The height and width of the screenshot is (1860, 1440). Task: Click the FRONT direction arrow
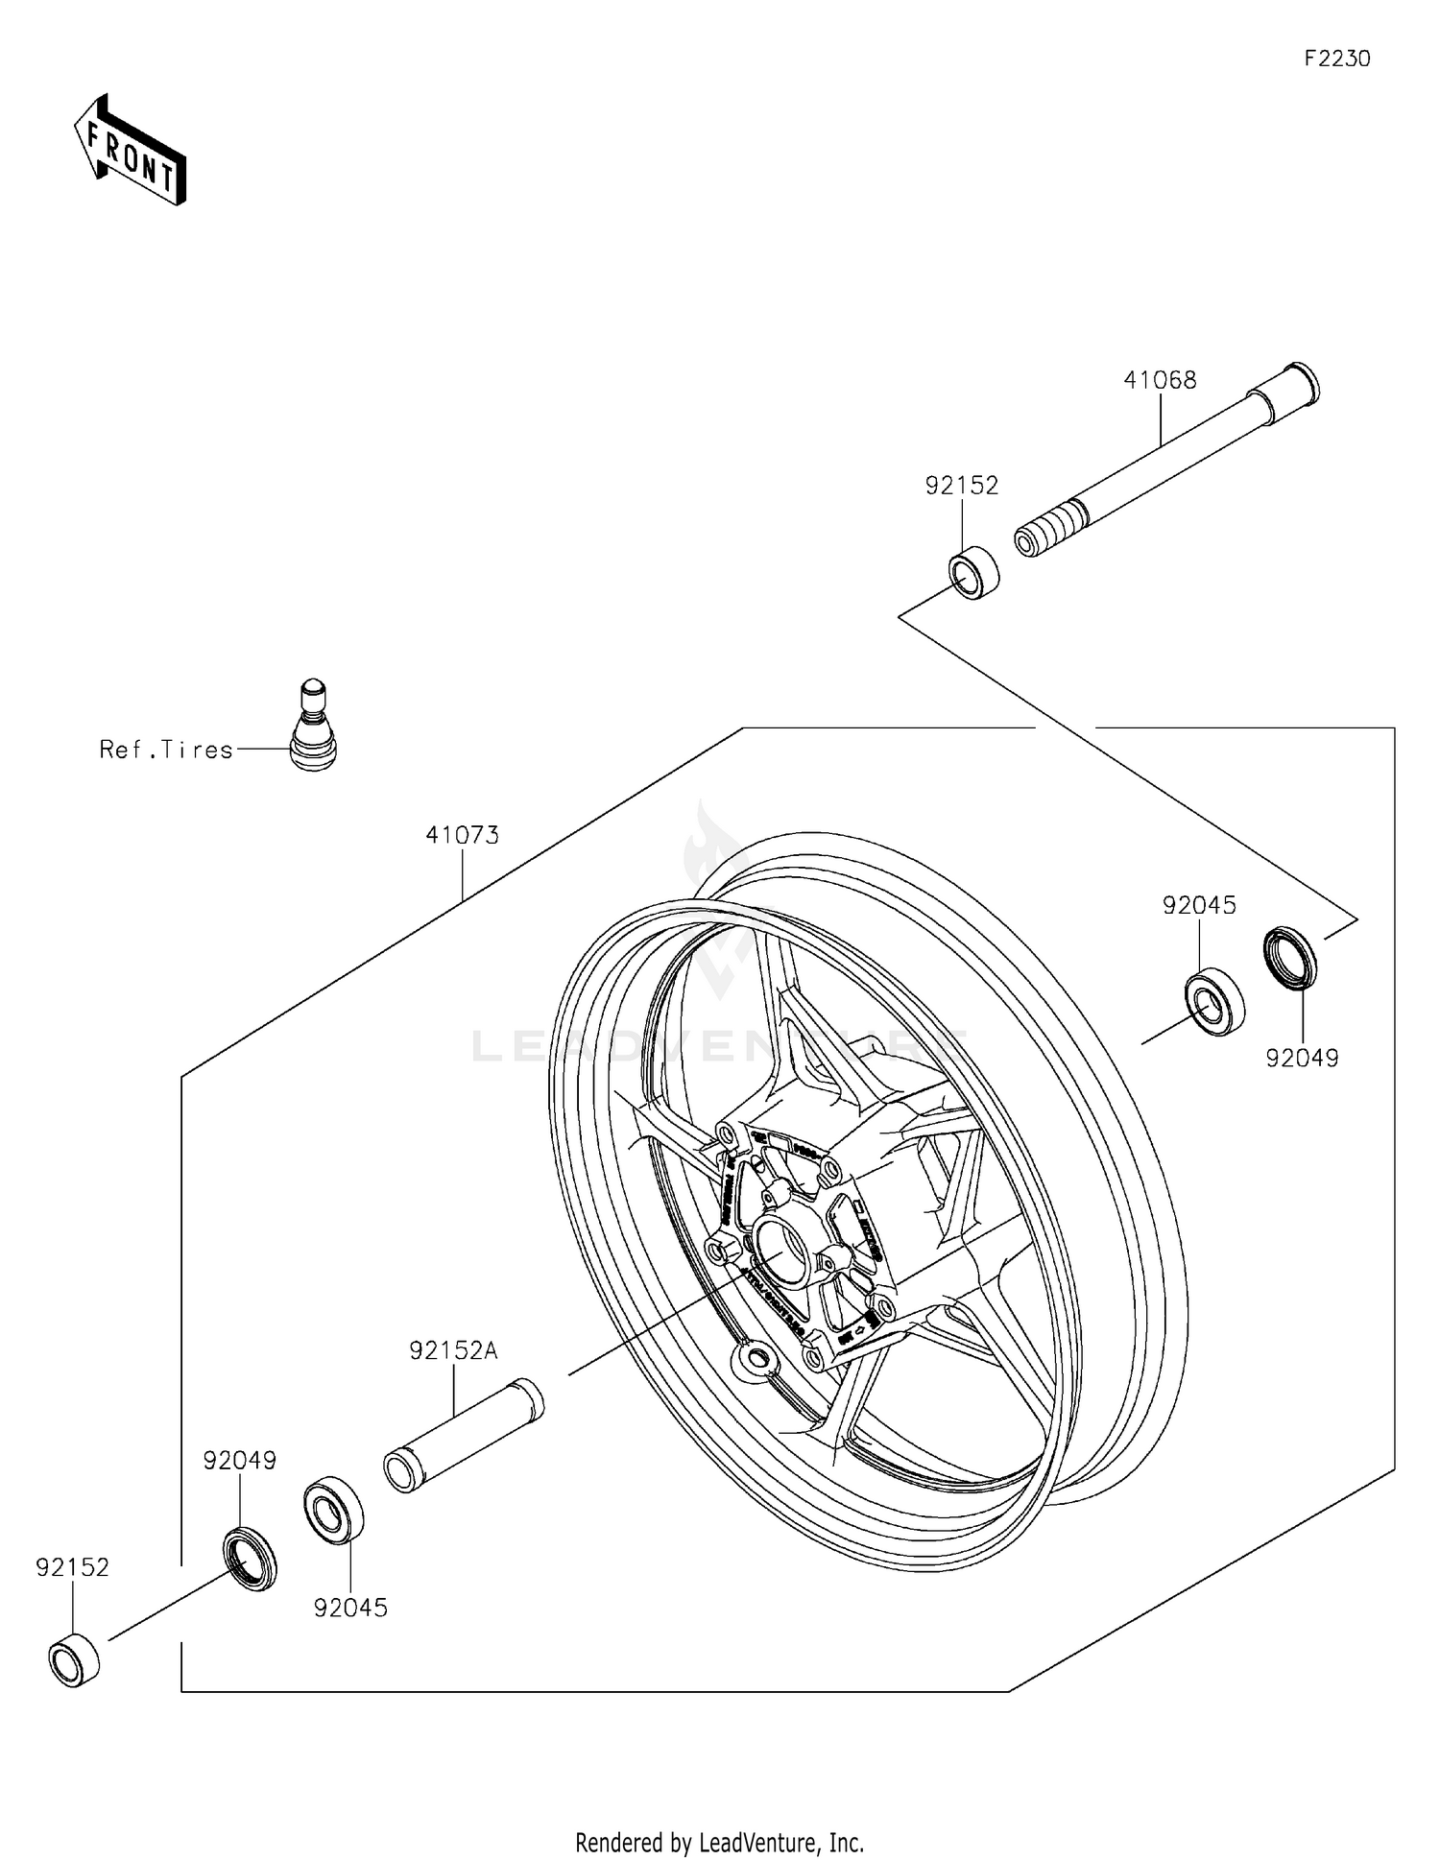tap(130, 152)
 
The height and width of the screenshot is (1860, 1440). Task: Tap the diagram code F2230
tap(1336, 60)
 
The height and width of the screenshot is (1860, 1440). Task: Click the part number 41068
tap(1160, 381)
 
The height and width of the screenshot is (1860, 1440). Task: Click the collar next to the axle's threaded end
tap(973, 573)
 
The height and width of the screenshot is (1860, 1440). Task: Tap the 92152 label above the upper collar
tap(961, 486)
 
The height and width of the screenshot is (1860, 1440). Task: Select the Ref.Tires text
tap(166, 750)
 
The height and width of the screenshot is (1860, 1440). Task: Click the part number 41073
tap(462, 836)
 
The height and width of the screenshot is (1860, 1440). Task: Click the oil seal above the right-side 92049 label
tap(1289, 957)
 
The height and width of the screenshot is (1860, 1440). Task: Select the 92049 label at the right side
tap(1302, 1059)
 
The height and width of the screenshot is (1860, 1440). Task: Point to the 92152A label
tap(453, 1351)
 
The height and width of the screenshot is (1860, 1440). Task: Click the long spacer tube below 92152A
tap(464, 1435)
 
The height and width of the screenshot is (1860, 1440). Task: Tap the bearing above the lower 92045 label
tap(333, 1510)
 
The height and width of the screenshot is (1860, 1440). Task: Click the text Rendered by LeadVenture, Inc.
tap(719, 1842)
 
